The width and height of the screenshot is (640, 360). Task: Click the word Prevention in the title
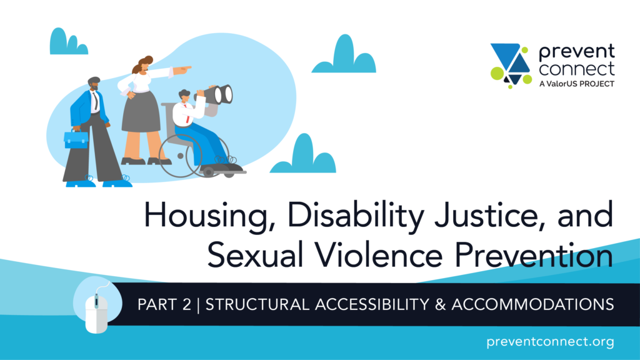534,254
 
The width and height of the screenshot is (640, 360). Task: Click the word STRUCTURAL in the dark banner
257,304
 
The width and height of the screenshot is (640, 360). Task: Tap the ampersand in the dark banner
440,304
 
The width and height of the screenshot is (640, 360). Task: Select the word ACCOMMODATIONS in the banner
532,304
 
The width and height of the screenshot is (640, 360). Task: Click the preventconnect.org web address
550,341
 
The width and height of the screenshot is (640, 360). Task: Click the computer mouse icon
96,312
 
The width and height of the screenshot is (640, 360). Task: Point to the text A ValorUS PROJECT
577,84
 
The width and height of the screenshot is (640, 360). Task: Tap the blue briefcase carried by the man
76,139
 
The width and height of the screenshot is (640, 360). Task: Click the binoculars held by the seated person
217,95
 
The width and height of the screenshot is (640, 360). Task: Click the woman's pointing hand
182,70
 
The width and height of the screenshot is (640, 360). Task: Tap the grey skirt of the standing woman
141,112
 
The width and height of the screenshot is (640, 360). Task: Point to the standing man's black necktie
95,101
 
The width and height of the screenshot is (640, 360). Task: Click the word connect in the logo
576,69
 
